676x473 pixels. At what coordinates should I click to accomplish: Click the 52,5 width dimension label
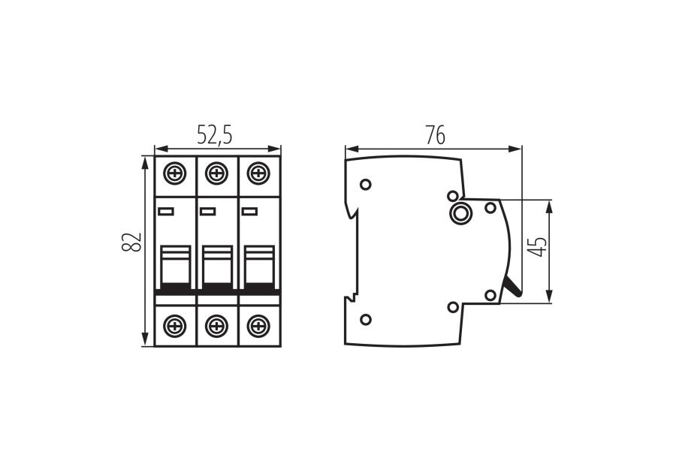215,135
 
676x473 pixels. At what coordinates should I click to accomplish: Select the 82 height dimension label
131,243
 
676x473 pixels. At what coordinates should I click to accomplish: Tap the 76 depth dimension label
435,135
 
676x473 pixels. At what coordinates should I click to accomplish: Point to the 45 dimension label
536,247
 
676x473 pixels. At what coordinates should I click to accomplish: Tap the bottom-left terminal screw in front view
175,326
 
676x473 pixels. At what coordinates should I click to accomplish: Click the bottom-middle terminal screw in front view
216,326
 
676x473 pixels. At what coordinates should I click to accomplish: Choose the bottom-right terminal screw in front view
258,326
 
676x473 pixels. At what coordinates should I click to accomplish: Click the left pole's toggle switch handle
176,266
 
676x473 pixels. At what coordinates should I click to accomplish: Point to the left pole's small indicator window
166,211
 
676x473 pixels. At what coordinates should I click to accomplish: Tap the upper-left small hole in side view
366,185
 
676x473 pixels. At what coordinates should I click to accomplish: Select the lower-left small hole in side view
366,320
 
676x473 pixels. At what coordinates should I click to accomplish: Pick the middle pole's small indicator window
207,211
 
